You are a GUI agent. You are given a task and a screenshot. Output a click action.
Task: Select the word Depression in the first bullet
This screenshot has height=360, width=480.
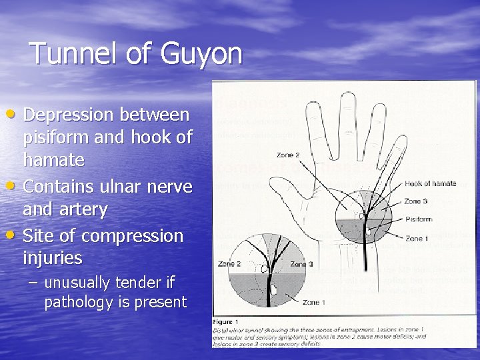click(x=69, y=115)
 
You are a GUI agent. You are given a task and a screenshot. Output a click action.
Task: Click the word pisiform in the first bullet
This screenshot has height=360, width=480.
click(x=57, y=138)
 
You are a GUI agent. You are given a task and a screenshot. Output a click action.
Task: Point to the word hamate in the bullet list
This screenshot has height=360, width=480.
click(x=53, y=160)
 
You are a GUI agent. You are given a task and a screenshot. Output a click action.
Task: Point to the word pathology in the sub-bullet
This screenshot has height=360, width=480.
click(x=74, y=302)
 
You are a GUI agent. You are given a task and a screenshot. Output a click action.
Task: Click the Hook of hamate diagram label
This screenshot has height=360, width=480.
click(x=430, y=183)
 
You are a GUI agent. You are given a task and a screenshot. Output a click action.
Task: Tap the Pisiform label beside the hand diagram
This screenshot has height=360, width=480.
click(x=418, y=219)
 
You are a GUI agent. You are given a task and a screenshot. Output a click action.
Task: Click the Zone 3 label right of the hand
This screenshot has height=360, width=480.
click(x=415, y=201)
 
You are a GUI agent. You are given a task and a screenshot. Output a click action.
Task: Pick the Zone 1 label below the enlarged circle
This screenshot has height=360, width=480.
click(x=314, y=303)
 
